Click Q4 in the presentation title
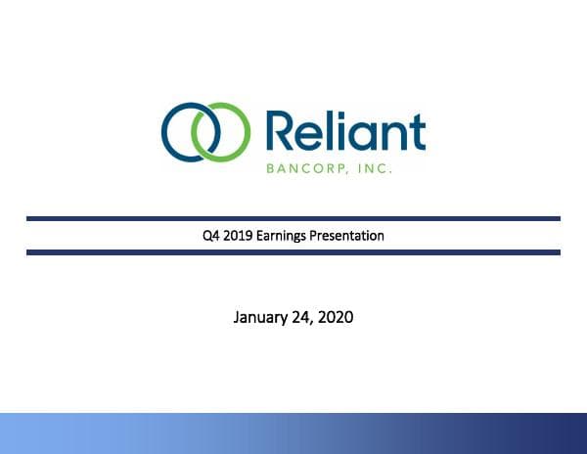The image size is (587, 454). point(208,236)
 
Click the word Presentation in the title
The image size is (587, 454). point(349,236)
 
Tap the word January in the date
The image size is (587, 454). point(261,317)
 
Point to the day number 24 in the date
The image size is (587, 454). point(302,317)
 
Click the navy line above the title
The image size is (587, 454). point(293,218)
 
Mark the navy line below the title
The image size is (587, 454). point(293,252)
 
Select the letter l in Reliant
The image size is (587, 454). point(330,131)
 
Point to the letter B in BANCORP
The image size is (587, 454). point(269,168)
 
